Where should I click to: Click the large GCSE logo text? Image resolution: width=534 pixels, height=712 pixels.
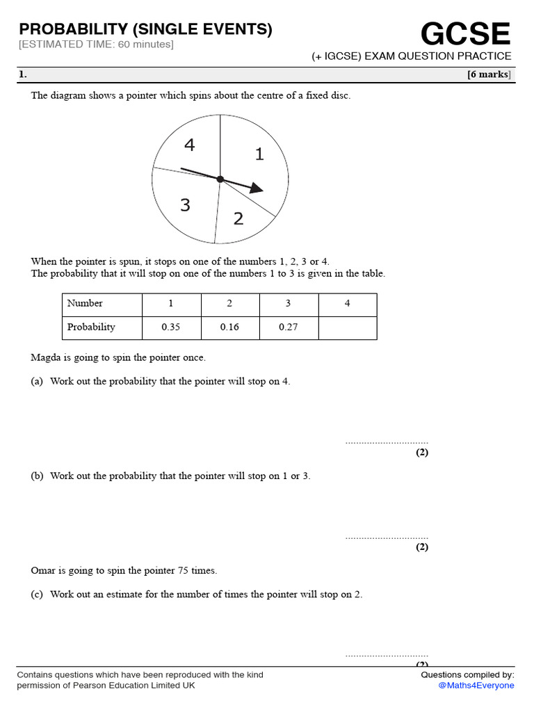pos(465,34)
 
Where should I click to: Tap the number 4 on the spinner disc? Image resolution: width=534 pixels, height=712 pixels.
pos(189,145)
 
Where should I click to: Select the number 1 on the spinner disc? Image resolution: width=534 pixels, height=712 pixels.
pos(259,154)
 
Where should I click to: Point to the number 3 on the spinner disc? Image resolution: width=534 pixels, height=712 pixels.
pos(185,205)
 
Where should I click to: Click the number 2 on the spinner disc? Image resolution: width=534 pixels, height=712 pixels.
pos(238,218)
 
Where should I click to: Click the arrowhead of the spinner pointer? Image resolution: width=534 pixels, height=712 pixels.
pos(257,188)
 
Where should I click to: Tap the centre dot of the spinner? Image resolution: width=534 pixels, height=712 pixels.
pos(220,179)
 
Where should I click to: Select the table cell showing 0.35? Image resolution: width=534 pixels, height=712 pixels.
pos(171,327)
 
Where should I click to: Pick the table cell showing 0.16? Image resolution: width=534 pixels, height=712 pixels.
pos(229,327)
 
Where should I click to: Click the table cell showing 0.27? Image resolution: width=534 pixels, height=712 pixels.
pos(289,327)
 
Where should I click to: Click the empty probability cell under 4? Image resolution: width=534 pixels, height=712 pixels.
pos(348,327)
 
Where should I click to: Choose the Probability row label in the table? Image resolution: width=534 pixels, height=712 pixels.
pos(91,327)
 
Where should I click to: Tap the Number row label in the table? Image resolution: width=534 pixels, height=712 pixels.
pos(85,303)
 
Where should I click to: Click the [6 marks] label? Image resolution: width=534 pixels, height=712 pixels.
pos(489,75)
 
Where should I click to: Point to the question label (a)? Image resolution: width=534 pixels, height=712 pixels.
pos(37,382)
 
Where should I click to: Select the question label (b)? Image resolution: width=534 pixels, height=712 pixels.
pos(37,476)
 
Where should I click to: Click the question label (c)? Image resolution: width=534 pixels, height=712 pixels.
pos(37,594)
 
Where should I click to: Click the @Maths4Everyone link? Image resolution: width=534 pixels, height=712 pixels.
pos(476,686)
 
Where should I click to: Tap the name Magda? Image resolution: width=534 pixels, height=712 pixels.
pos(45,358)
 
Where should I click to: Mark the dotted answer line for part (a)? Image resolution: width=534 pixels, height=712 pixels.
pos(387,442)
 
